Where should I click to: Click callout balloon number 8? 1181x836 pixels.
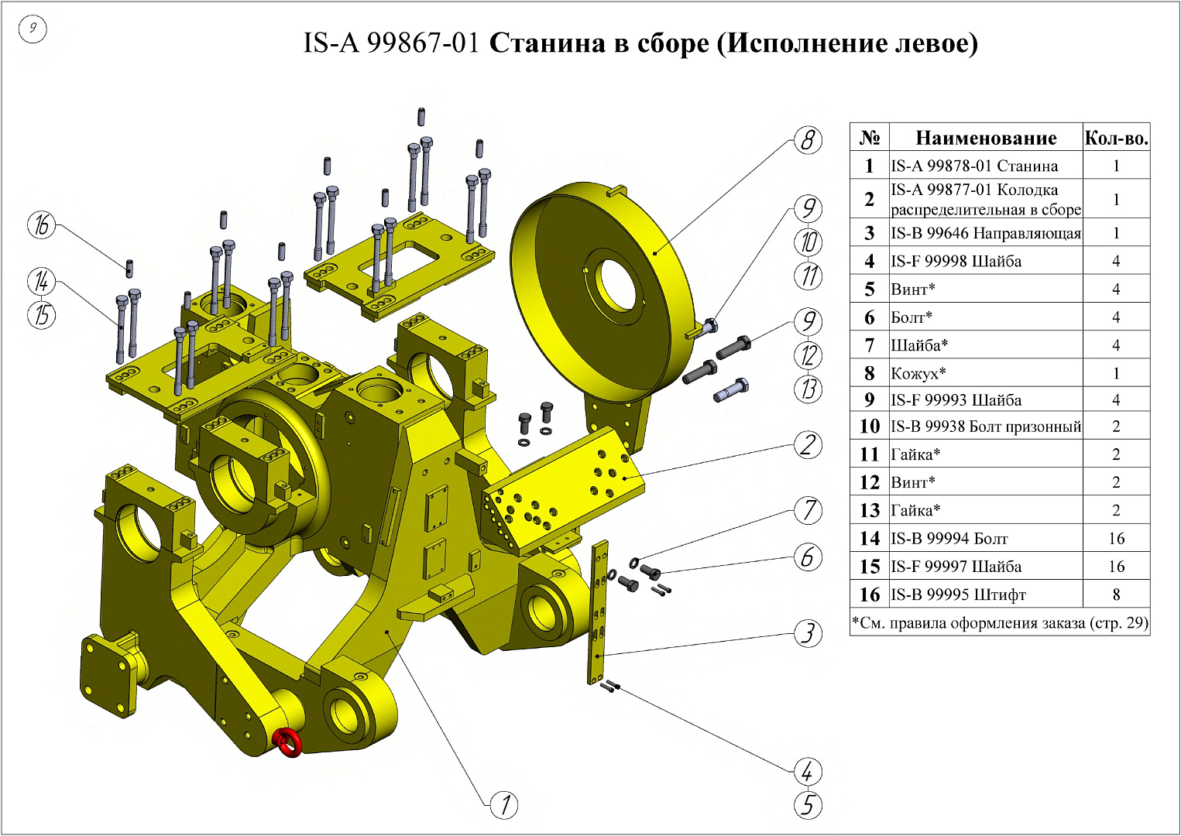(808, 140)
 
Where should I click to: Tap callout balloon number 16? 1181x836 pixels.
(42, 224)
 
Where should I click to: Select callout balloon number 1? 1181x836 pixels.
(504, 805)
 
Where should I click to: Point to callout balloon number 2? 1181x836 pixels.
(808, 445)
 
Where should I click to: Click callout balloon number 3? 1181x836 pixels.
(808, 633)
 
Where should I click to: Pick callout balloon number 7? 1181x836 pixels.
(808, 510)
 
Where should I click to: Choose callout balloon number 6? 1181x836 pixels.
(808, 557)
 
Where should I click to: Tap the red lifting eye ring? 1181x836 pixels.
(289, 742)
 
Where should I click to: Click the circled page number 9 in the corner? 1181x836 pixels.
(33, 29)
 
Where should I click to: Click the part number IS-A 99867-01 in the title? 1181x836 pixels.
(391, 43)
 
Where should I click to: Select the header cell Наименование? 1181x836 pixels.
(985, 139)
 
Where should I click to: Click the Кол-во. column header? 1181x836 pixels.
(1115, 139)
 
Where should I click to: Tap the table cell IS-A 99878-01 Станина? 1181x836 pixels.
(974, 166)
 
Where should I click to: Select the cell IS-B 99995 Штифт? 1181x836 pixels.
(958, 594)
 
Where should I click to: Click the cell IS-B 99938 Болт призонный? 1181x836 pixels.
(985, 427)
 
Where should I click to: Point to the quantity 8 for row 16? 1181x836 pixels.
(1116, 594)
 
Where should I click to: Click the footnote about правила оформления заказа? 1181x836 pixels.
(999, 622)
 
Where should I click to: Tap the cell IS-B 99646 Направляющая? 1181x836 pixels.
(985, 233)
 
